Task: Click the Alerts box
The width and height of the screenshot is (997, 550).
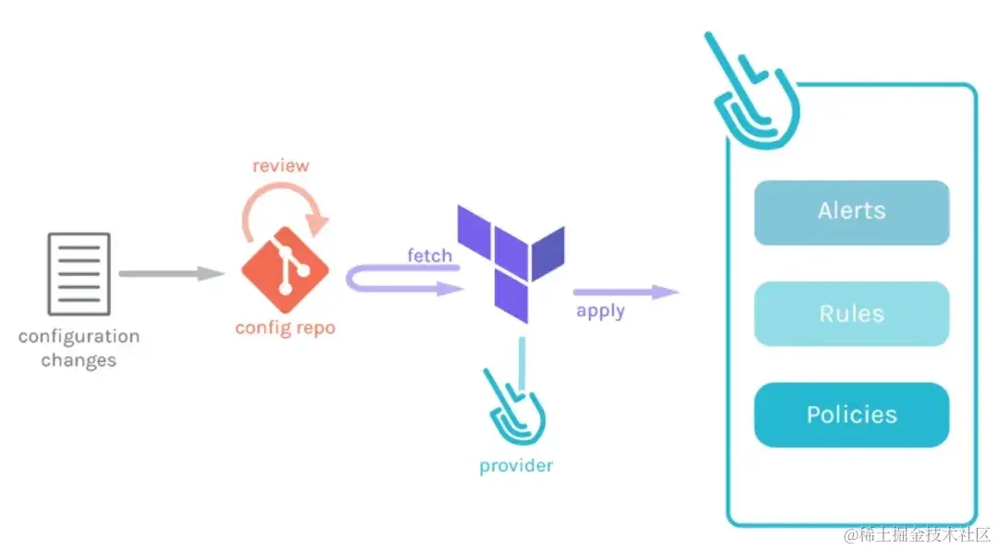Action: pyautogui.click(x=851, y=212)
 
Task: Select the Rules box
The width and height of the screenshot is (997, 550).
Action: pyautogui.click(x=851, y=314)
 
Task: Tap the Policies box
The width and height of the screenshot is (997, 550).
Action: pyautogui.click(x=851, y=415)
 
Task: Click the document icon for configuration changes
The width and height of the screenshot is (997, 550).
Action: pyautogui.click(x=78, y=273)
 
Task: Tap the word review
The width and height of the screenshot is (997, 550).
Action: pyautogui.click(x=281, y=166)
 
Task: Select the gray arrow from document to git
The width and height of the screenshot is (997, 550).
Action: pyautogui.click(x=171, y=273)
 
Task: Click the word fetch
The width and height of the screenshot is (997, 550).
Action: pyautogui.click(x=429, y=255)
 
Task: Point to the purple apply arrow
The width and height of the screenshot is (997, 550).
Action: pyautogui.click(x=628, y=292)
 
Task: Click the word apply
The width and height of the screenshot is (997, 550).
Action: pyautogui.click(x=600, y=311)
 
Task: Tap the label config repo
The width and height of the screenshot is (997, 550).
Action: pyautogui.click(x=284, y=328)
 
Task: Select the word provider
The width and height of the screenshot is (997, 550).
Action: pyautogui.click(x=516, y=466)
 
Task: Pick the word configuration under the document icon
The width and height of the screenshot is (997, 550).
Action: pyautogui.click(x=78, y=336)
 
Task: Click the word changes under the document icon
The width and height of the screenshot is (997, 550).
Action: pyautogui.click(x=78, y=360)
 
